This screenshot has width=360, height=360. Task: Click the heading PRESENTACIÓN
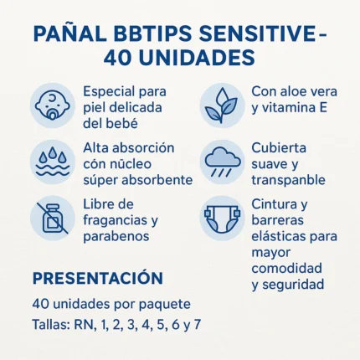(x=96, y=278)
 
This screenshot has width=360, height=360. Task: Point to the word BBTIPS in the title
(x=154, y=34)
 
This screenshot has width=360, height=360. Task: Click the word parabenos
(x=116, y=236)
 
